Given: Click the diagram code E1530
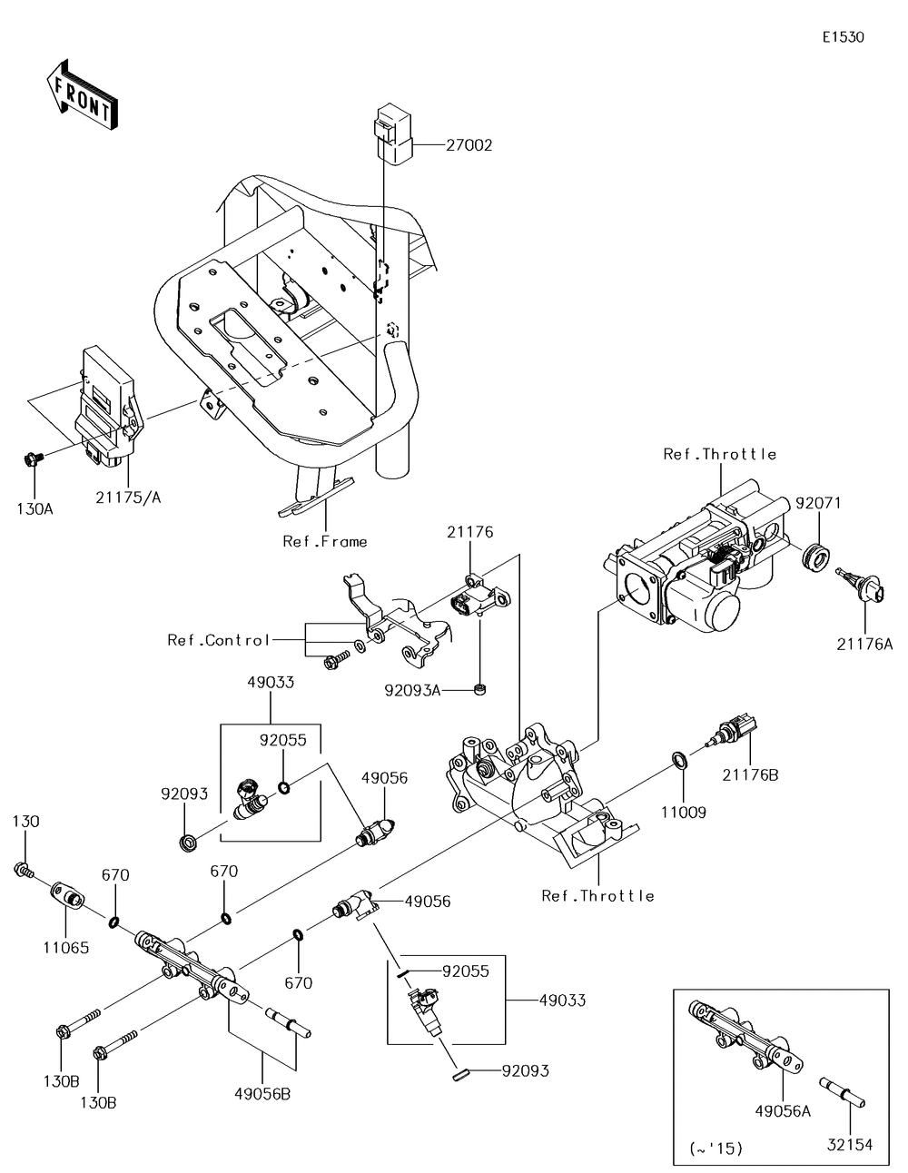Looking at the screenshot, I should [843, 37].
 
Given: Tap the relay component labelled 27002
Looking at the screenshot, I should [392, 135].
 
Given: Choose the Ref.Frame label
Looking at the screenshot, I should [325, 541].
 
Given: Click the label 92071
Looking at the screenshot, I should [819, 501].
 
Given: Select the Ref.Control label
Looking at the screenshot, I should [219, 640].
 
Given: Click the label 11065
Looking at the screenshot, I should [65, 948].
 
